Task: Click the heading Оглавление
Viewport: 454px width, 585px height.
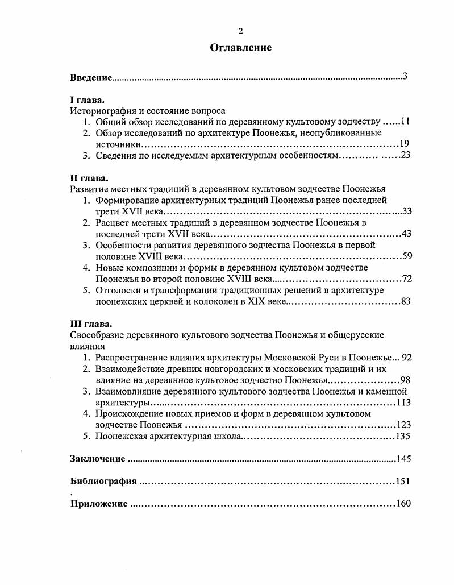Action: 240,48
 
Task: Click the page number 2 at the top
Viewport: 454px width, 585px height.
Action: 240,31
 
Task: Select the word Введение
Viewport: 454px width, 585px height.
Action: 90,77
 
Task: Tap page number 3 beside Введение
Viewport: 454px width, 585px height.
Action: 405,76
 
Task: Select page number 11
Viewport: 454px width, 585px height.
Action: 405,122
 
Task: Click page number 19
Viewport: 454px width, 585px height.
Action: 405,144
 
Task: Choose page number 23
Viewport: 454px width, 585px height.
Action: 405,155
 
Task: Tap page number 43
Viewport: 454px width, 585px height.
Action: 406,234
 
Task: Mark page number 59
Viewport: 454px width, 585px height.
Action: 406,256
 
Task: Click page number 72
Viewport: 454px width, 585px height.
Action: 406,279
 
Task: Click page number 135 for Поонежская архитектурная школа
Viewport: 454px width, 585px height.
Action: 403,437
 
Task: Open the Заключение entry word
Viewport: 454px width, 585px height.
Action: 97,459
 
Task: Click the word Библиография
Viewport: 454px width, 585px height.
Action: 103,482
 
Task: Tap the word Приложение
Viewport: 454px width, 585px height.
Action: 99,504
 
